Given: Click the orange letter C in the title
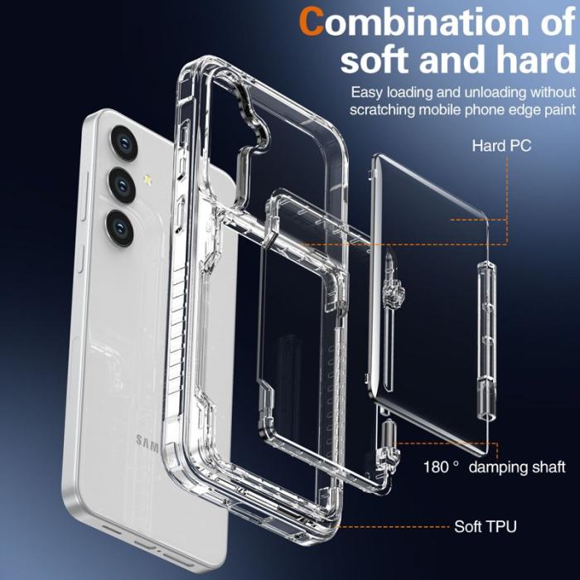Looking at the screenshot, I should (x=312, y=21).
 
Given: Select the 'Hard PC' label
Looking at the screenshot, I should (x=501, y=146).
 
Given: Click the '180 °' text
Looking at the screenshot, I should (x=442, y=467).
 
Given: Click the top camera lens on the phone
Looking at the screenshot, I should (x=123, y=142).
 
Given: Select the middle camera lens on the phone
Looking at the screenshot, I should (x=121, y=183).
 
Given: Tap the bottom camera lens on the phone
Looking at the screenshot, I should (x=119, y=226).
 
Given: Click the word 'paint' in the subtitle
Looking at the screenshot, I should (x=553, y=109).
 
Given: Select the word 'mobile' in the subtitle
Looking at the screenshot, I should (x=447, y=109).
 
